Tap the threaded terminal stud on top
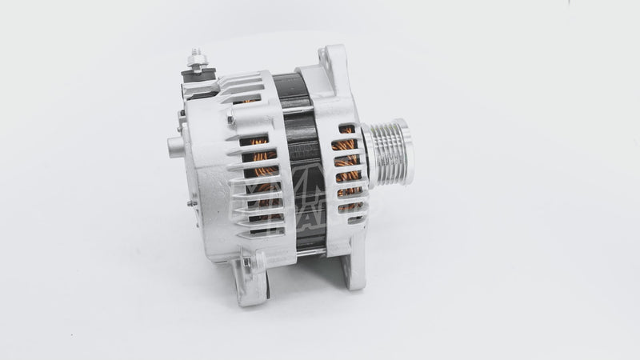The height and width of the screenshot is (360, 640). coord(194,56)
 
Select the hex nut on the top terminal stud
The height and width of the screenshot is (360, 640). coord(194,63)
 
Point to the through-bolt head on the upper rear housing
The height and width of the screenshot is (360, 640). coord(230,119)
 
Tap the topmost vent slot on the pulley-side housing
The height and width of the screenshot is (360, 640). coord(346,128)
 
